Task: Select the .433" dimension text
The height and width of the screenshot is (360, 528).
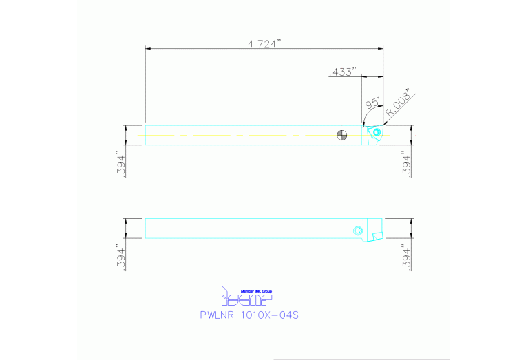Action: pyautogui.click(x=344, y=72)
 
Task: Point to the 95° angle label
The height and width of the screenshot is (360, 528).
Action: pyautogui.click(x=372, y=104)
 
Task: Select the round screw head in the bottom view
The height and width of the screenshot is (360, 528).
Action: pyautogui.click(x=357, y=230)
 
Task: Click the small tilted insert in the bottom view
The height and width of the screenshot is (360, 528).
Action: pyautogui.click(x=377, y=235)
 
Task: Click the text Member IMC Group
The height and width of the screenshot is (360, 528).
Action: pyautogui.click(x=256, y=291)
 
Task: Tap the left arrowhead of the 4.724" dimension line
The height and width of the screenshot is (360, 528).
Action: pyautogui.click(x=147, y=49)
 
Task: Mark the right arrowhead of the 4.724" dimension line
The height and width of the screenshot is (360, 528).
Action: pyautogui.click(x=382, y=49)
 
